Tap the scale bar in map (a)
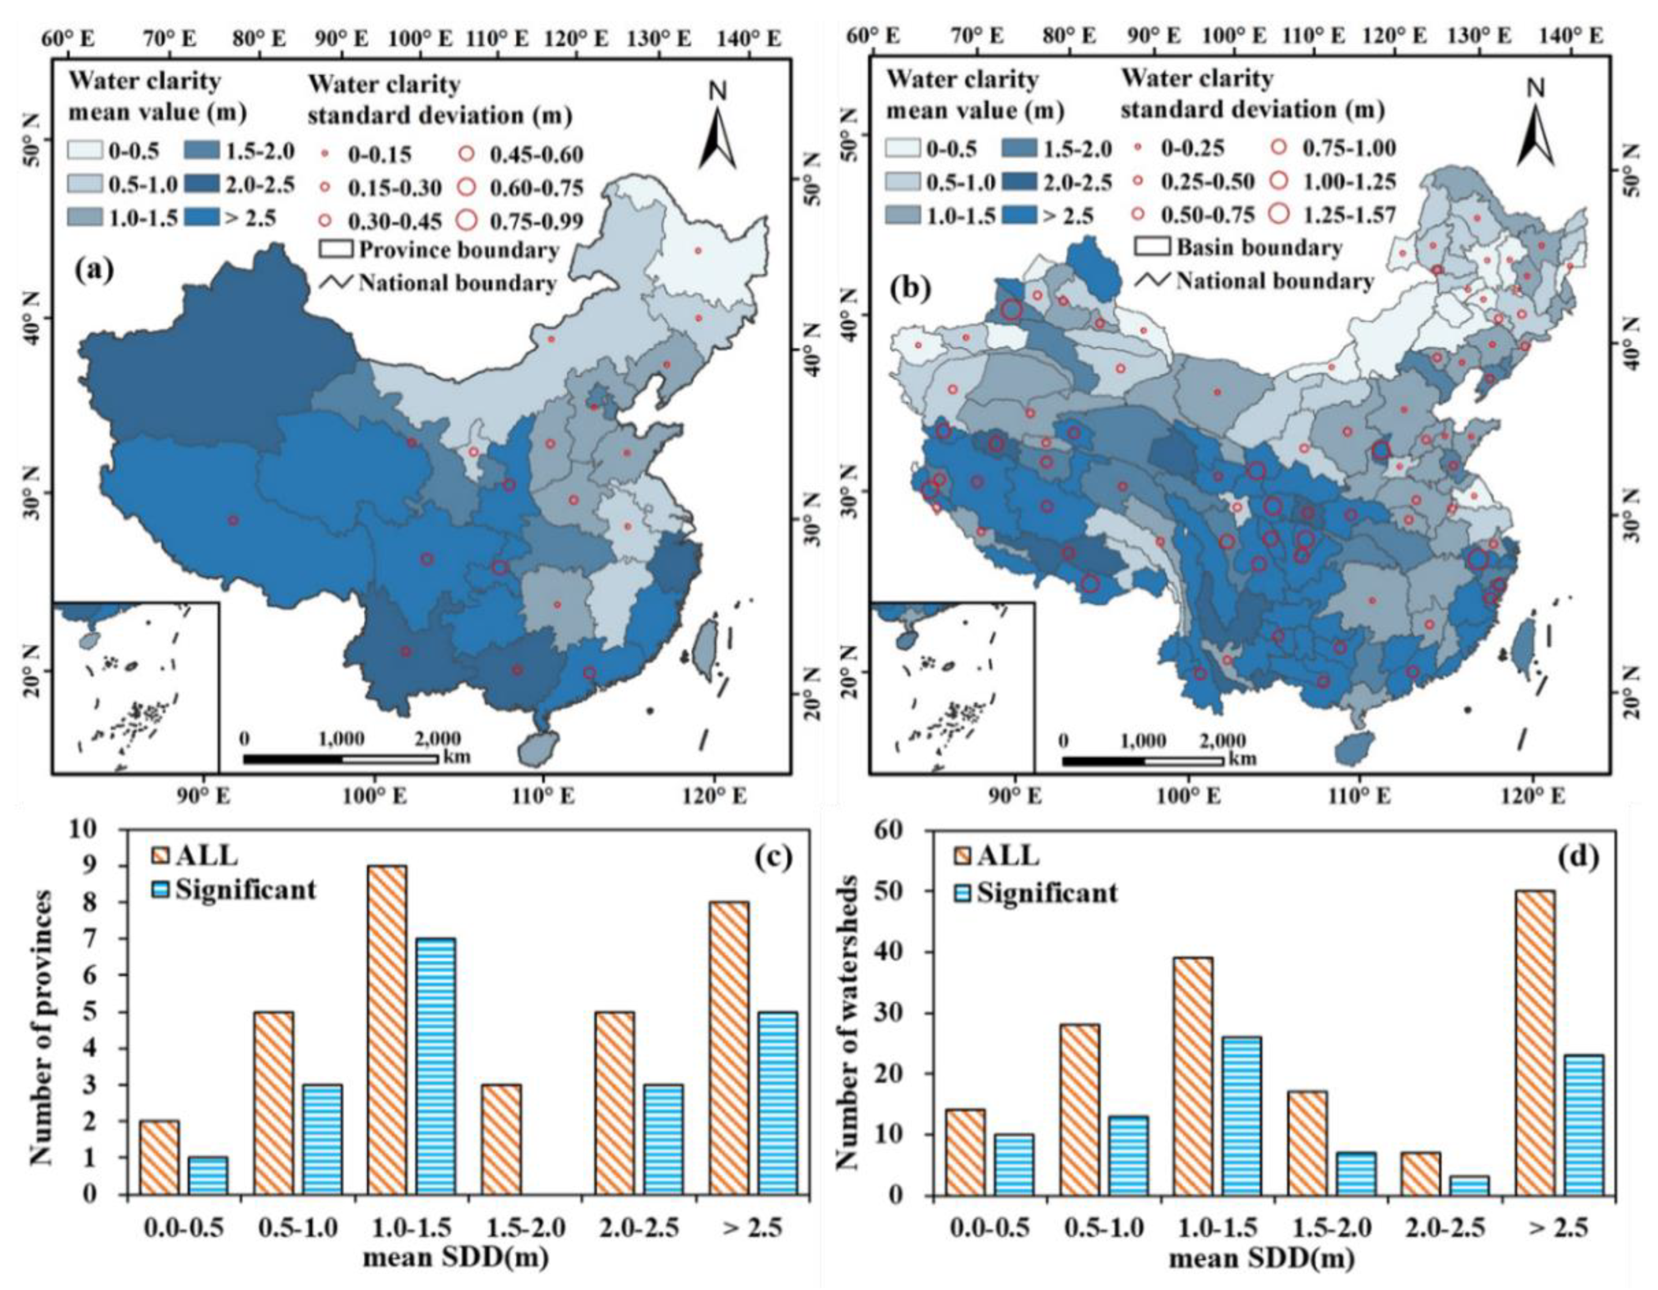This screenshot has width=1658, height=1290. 340,758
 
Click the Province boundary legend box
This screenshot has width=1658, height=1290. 336,249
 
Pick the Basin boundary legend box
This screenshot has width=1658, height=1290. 1152,247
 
